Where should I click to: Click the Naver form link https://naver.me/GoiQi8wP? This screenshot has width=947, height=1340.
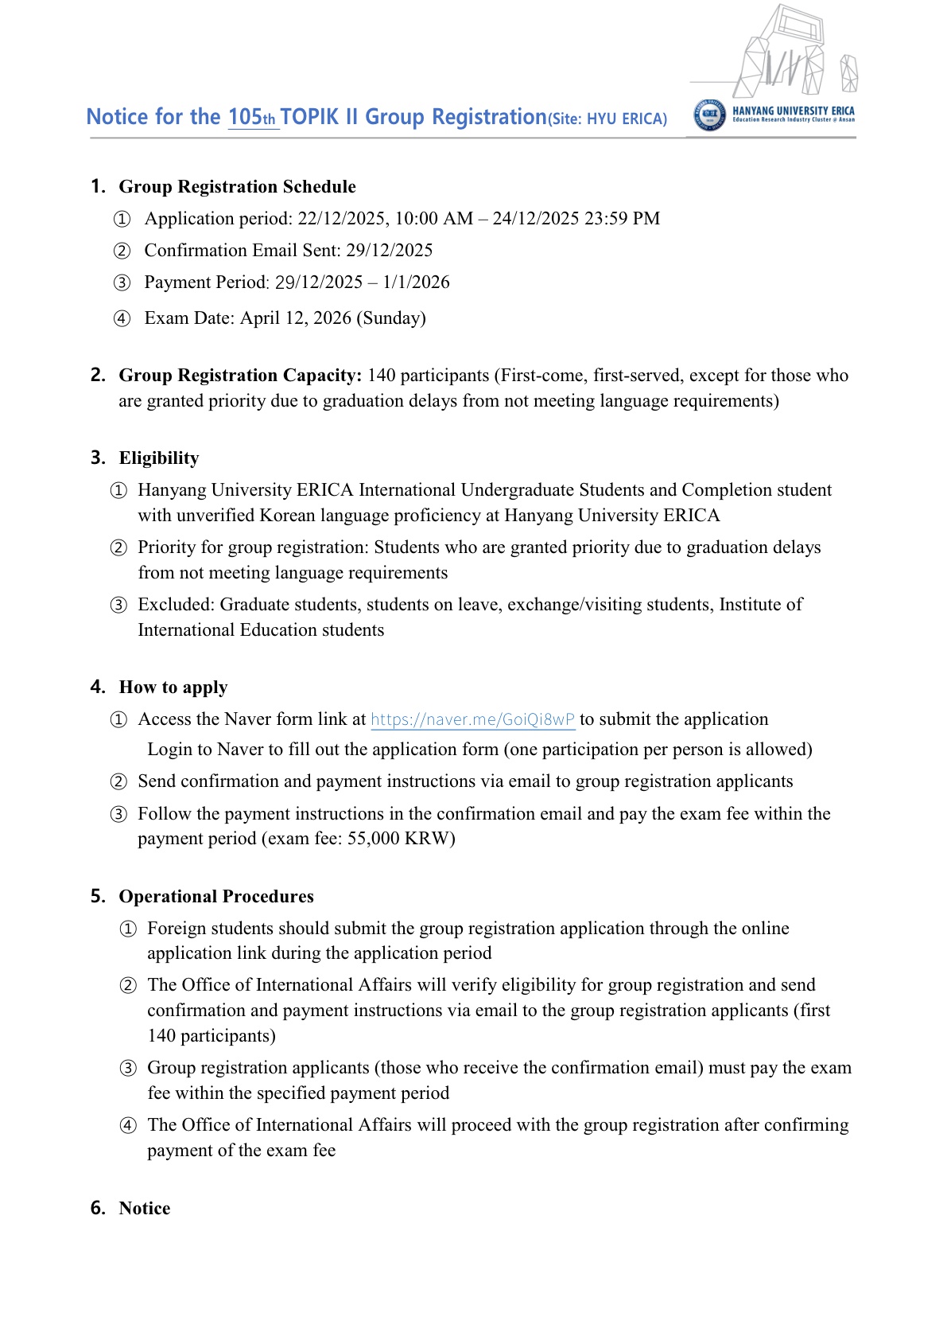point(472,719)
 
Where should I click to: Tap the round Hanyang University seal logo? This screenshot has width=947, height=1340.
point(709,115)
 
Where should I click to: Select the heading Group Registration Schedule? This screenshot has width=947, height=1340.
point(237,187)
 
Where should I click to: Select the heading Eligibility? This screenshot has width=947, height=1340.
point(159,458)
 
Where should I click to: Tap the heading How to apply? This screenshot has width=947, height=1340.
point(173,688)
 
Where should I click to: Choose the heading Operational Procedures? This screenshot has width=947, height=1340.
point(216,897)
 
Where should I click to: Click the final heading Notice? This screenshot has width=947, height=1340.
point(145,1209)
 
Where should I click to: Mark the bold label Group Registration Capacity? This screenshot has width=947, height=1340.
point(240,376)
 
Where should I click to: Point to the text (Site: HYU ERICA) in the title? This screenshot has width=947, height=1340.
point(607,119)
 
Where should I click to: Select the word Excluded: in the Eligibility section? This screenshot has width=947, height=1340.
point(177,605)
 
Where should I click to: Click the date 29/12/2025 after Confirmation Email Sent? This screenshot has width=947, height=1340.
point(389,251)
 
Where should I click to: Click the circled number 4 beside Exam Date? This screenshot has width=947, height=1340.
point(122,319)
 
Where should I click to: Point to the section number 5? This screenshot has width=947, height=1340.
point(97,897)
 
